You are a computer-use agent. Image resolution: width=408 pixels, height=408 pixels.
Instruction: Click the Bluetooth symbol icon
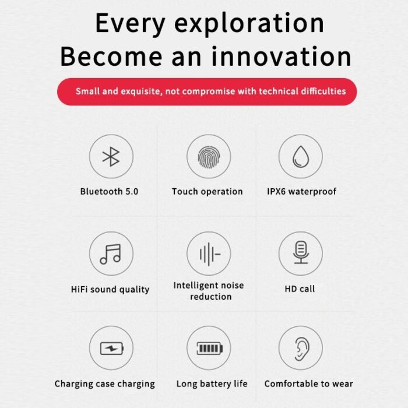(x=111, y=156)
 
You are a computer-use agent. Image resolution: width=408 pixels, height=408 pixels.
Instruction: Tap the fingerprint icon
(x=209, y=157)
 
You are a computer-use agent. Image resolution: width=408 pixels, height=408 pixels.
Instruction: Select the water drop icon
(x=301, y=156)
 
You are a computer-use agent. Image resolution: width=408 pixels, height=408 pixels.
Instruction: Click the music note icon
(x=111, y=254)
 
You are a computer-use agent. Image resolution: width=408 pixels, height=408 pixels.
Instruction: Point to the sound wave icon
(x=210, y=254)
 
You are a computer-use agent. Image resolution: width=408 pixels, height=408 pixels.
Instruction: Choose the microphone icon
(x=301, y=252)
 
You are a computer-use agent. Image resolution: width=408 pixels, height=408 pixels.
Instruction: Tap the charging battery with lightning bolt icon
(x=112, y=348)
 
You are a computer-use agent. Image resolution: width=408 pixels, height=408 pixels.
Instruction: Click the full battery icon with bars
(x=210, y=348)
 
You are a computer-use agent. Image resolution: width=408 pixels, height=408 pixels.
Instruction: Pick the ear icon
(x=302, y=349)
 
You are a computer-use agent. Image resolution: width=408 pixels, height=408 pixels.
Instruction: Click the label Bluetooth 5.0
(x=109, y=192)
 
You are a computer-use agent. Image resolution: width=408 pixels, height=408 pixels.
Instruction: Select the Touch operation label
(x=207, y=192)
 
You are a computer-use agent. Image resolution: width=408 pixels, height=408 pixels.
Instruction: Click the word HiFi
(x=79, y=289)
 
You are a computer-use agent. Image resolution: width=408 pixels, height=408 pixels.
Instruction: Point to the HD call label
(x=300, y=289)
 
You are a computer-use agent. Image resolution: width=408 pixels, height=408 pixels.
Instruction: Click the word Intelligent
(x=196, y=286)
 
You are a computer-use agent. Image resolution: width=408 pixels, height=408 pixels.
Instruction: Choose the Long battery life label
(x=212, y=384)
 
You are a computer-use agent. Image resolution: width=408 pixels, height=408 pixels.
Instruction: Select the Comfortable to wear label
(x=308, y=384)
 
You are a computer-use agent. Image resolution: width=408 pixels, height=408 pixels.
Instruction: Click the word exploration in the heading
(x=249, y=23)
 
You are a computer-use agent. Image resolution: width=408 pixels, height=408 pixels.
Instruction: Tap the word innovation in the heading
(x=282, y=56)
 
